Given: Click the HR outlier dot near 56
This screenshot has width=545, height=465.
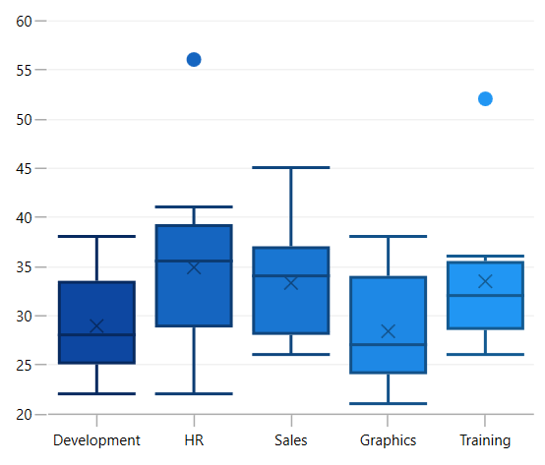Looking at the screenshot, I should pos(194,60).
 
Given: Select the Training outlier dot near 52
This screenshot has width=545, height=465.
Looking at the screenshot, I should pos(485,98).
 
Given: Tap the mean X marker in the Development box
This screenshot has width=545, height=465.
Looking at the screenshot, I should pos(96,326).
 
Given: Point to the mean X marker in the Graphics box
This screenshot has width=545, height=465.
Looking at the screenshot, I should pos(388,331).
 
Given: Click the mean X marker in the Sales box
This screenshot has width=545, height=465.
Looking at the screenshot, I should pos(290,283).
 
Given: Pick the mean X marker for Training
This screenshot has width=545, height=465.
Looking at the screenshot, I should pos(485,281).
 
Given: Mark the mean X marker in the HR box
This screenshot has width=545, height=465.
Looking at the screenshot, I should pos(194,267).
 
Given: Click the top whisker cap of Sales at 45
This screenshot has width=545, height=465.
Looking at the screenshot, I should pos(291,168).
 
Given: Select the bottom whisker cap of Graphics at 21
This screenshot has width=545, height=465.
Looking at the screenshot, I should pos(388,403).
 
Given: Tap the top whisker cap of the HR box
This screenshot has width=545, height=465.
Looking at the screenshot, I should pos(194,207).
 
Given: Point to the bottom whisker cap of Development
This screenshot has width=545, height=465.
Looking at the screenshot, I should pos(96,393).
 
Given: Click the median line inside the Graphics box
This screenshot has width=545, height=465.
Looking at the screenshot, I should pos(388,344).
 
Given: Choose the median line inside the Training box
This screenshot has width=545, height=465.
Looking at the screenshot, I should pos(485,295).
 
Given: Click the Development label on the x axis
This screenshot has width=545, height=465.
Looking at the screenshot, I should pos(96,440).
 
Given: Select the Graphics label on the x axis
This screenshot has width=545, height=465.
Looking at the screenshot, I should pos(388,440).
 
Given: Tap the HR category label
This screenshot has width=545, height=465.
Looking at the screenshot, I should pos(194,440).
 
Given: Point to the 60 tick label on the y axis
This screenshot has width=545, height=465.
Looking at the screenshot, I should pos(25,21).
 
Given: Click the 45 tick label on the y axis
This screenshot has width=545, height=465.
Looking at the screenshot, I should pos(25,168).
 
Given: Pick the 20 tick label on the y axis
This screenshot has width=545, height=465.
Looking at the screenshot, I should pos(25,414).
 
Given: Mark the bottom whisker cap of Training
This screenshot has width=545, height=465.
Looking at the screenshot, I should pos(485,354).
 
